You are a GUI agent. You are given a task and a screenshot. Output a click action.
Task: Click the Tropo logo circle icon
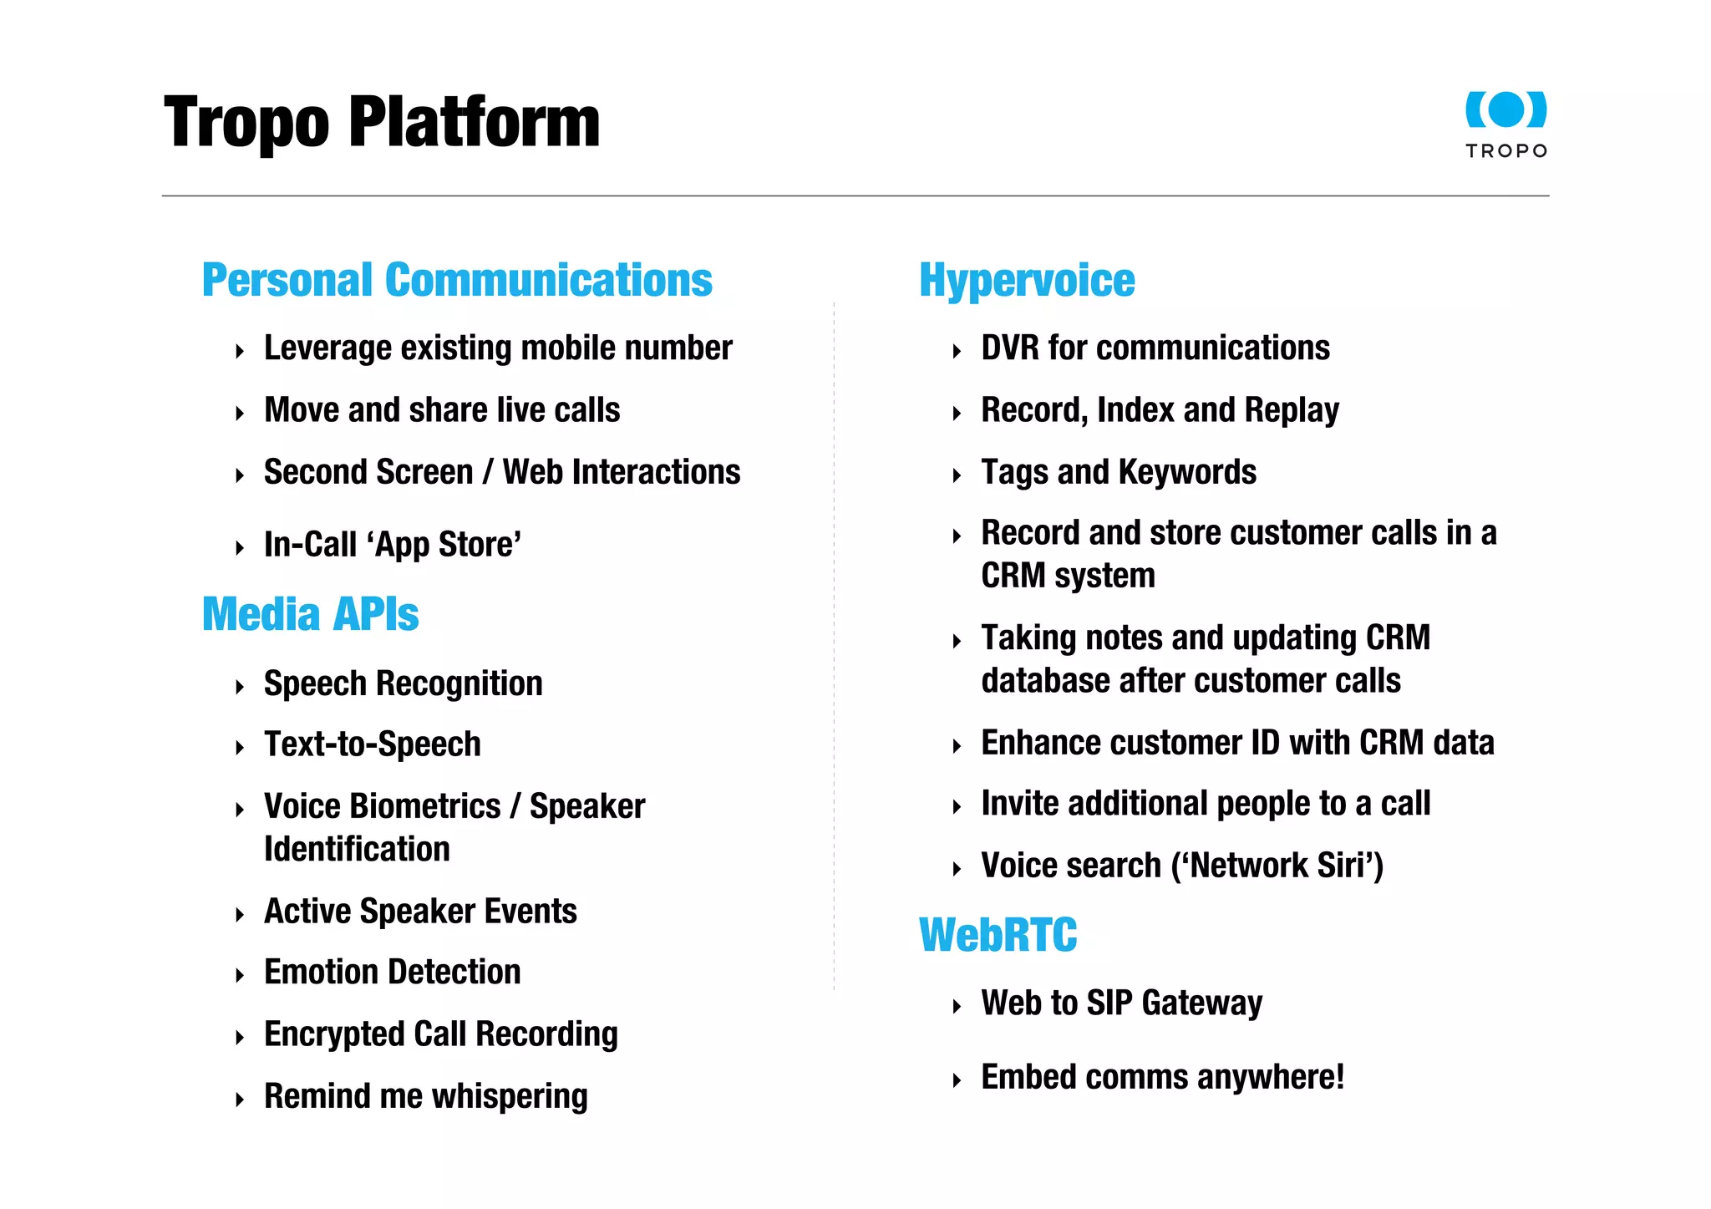coord(1506,109)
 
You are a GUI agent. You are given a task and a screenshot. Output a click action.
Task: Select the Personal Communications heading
coord(457,280)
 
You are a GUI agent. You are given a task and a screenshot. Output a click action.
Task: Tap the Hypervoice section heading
coord(1027,280)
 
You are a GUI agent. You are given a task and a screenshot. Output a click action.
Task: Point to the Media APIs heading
coord(310,614)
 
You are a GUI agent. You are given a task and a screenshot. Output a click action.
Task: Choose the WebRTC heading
coord(998,935)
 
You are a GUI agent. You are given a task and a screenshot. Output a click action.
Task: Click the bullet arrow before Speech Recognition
coord(240,687)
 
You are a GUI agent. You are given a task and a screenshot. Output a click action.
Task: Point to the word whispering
coord(510,1096)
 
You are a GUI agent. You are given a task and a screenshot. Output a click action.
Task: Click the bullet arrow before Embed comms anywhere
coord(957,1080)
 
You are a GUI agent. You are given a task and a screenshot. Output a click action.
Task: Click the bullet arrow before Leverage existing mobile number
coord(240,351)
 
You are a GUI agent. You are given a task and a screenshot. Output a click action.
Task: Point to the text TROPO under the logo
coord(1506,151)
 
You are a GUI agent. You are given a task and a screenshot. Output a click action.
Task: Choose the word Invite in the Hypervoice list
coord(1019,804)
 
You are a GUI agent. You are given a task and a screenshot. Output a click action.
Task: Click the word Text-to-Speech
coord(373,744)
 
